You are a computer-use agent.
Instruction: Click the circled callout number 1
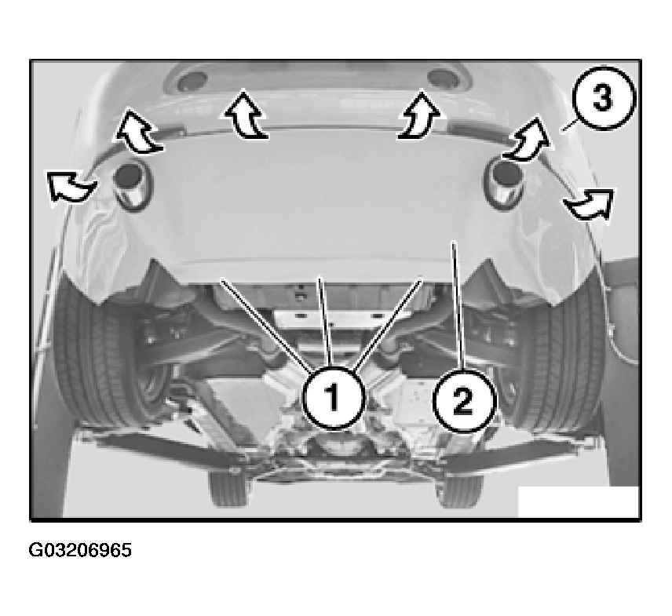pyautogui.click(x=334, y=398)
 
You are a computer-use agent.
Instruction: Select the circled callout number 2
pyautogui.click(x=464, y=400)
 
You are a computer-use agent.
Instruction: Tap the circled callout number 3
pyautogui.click(x=603, y=98)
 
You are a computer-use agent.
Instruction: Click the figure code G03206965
pyautogui.click(x=80, y=550)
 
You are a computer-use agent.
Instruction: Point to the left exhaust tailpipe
pyautogui.click(x=131, y=186)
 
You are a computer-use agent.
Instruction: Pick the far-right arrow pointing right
pyautogui.click(x=590, y=204)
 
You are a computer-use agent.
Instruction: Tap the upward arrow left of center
pyautogui.click(x=245, y=115)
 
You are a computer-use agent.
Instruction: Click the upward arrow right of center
pyautogui.click(x=419, y=115)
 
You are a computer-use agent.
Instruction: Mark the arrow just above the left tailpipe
pyautogui.click(x=137, y=131)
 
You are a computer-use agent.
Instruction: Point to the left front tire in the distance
pyautogui.click(x=228, y=488)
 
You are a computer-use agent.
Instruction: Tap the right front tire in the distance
pyautogui.click(x=458, y=490)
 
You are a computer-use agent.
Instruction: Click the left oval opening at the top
pyautogui.click(x=192, y=81)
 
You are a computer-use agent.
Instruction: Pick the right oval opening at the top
pyautogui.click(x=444, y=78)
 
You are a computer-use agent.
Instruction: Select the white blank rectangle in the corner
pyautogui.click(x=579, y=501)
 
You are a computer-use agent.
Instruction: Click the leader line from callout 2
pyautogui.click(x=458, y=305)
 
